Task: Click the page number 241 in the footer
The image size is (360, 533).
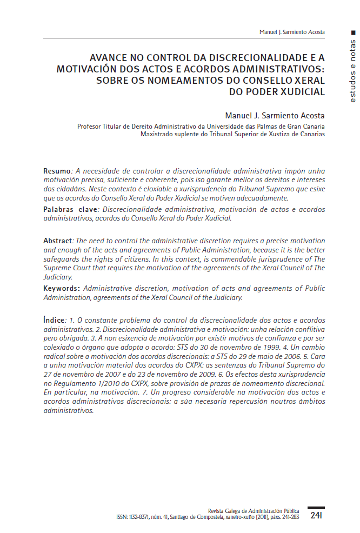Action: [316, 516]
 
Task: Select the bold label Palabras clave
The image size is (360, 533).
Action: [69, 209]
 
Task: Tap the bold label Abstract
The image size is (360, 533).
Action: [57, 240]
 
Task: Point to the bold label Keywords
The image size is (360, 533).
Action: [61, 289]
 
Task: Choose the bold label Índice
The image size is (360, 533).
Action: [54, 320]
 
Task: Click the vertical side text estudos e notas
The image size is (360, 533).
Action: [352, 71]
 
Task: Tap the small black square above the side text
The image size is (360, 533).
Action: [352, 33]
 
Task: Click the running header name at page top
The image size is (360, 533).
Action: [292, 32]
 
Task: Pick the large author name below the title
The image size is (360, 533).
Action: [275, 116]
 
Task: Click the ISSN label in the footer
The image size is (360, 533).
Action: [122, 517]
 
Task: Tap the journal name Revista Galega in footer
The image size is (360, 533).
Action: [226, 511]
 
